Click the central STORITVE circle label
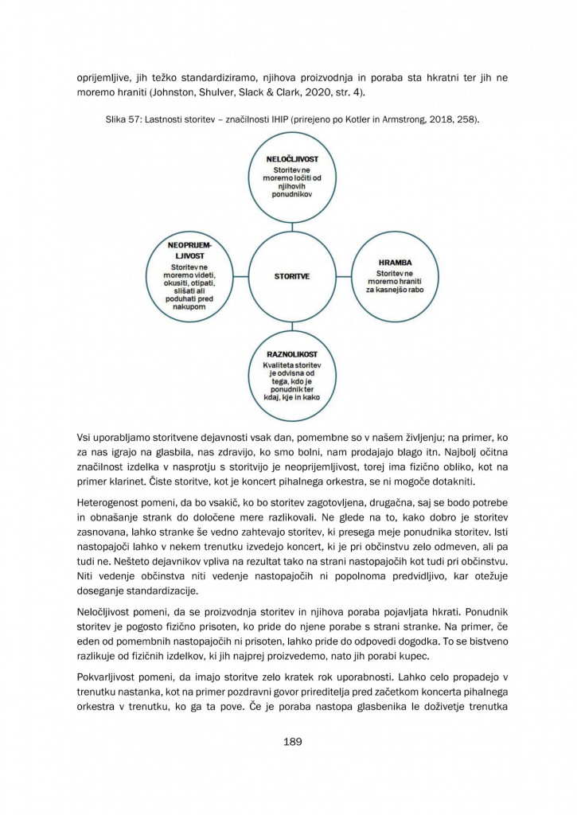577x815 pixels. pos(291,276)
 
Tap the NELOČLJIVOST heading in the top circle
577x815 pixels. pos(291,159)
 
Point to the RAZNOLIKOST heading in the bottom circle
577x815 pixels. pos(291,354)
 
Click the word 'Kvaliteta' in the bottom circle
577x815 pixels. pos(277,365)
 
